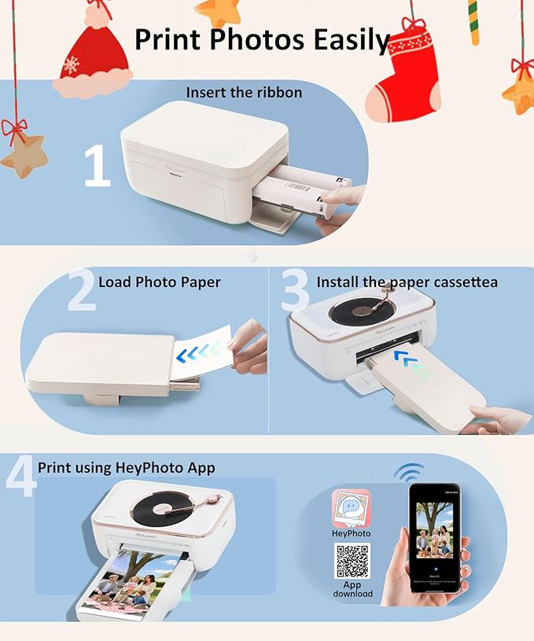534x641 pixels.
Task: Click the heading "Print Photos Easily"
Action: (263, 39)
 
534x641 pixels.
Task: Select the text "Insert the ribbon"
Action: (244, 92)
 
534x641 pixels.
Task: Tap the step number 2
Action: (81, 289)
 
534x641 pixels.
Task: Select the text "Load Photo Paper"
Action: (159, 282)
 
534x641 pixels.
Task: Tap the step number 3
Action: (295, 289)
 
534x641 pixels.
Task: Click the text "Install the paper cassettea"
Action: (407, 282)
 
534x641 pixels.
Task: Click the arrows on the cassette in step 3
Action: (414, 363)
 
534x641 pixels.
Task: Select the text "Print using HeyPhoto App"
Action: (126, 468)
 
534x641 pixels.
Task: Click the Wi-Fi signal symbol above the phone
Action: (408, 472)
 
